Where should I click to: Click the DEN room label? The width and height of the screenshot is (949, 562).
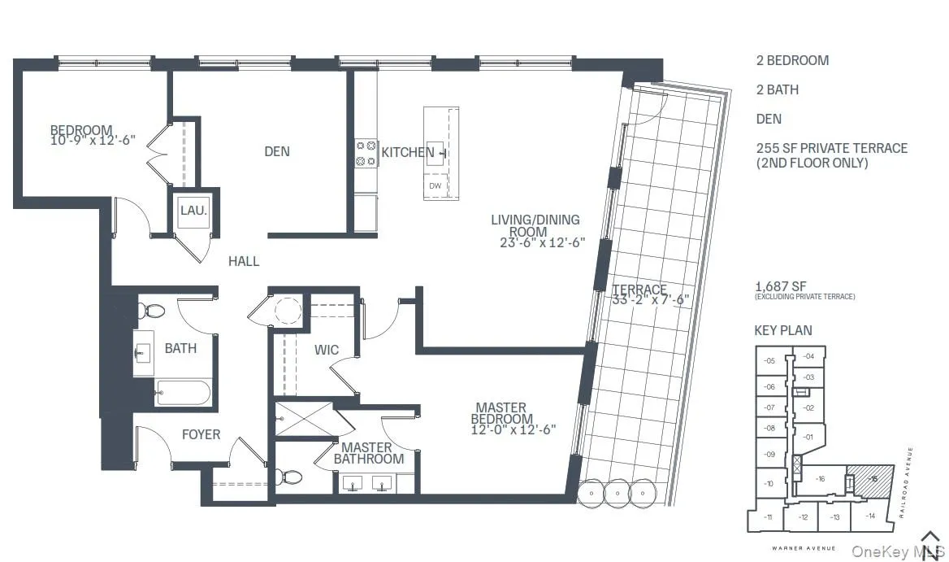276,151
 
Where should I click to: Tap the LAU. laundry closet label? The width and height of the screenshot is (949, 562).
193,211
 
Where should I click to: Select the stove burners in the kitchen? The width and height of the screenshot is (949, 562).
366,153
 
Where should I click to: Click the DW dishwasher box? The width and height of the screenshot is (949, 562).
435,185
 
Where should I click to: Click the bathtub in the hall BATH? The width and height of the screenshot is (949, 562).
183,394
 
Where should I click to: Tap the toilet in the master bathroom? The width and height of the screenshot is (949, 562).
288,477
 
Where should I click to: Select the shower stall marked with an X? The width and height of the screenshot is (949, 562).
305,420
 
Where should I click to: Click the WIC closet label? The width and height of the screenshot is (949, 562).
327,351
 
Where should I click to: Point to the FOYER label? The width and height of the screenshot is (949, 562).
201,434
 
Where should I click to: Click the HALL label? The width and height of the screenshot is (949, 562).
244,261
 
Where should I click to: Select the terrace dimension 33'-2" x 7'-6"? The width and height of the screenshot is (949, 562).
650,299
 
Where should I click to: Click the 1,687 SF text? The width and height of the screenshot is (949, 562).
780,286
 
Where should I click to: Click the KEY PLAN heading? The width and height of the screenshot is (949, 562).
783,330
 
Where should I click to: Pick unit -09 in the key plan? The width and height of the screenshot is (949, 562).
769,455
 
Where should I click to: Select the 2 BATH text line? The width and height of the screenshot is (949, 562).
777,89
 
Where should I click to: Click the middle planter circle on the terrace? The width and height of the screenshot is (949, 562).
617,493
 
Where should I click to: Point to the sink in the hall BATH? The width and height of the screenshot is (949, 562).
143,351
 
